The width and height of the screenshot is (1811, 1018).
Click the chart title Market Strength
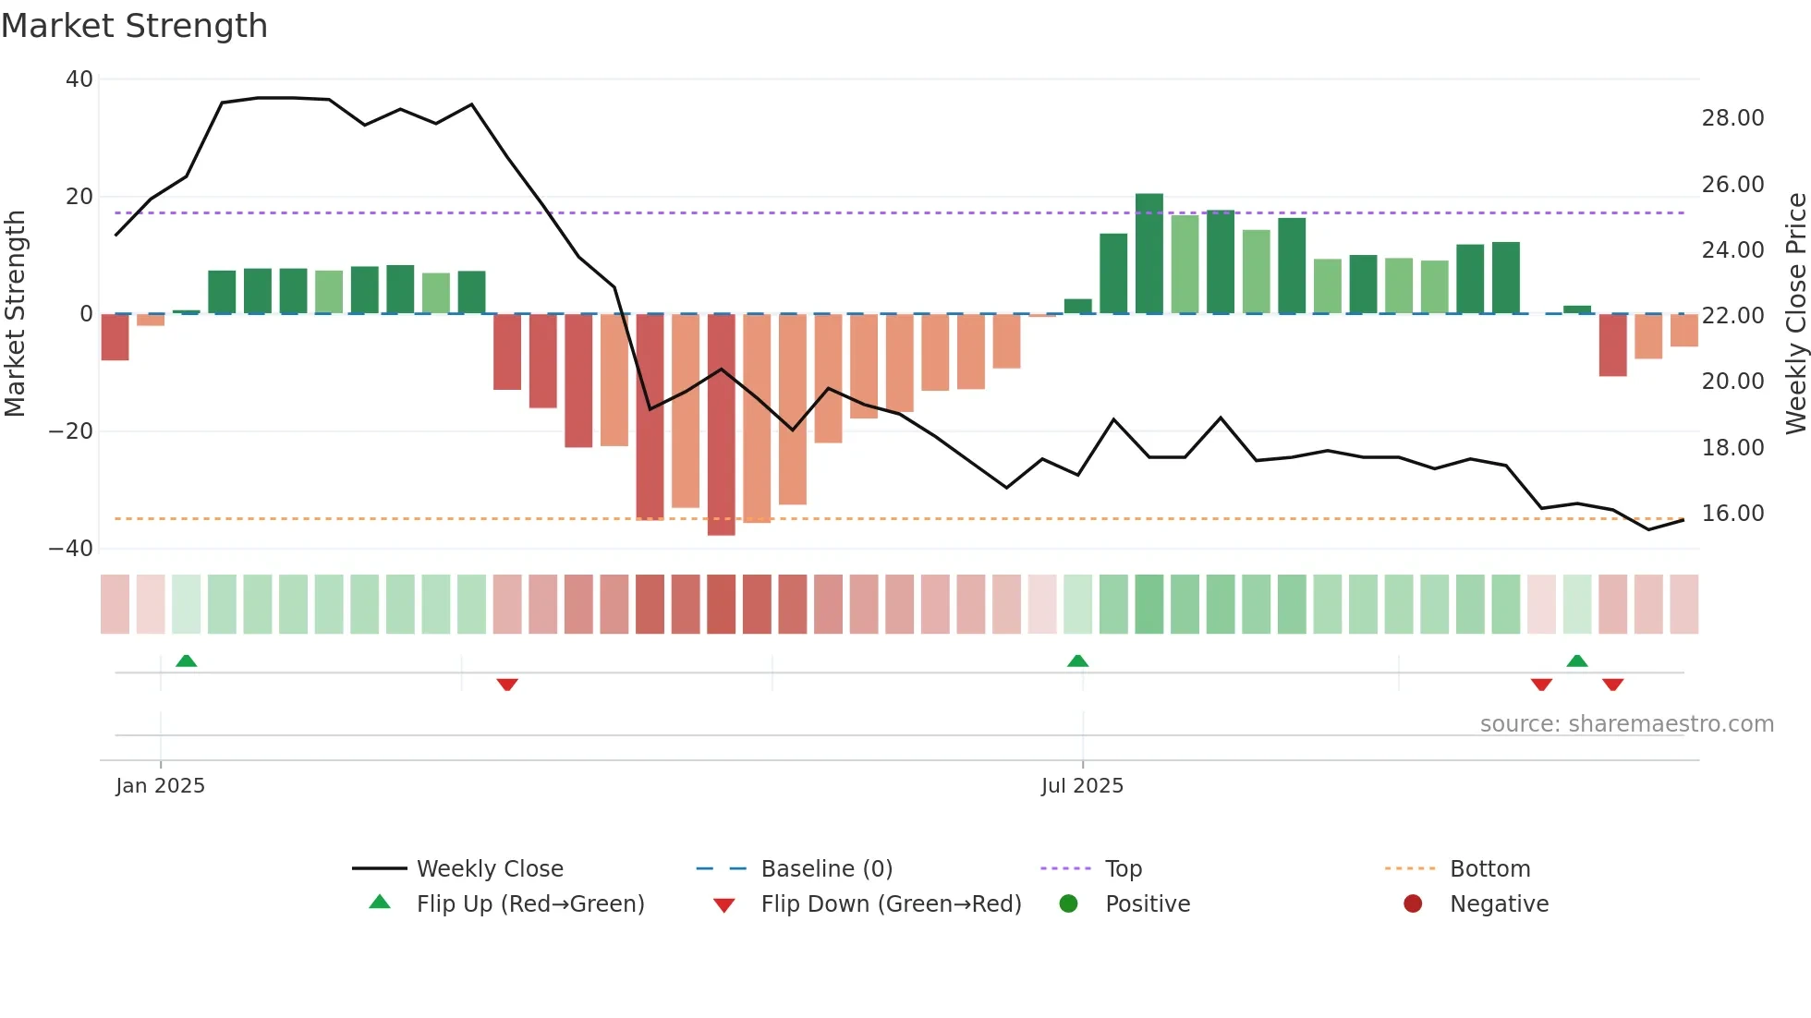click(x=134, y=26)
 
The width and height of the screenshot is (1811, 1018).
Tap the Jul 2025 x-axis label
click(x=1082, y=785)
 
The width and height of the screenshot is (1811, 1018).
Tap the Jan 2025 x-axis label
click(x=160, y=785)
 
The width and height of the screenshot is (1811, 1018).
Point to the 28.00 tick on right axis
click(x=1732, y=118)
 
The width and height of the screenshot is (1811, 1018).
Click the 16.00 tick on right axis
click(x=1732, y=514)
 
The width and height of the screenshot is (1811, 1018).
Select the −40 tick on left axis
click(x=71, y=549)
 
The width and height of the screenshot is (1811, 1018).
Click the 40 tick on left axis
click(x=79, y=79)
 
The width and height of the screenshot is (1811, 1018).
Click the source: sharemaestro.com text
click(x=1626, y=724)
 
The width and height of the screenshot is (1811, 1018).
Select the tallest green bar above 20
click(x=1149, y=254)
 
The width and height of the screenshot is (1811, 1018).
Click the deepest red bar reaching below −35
click(x=721, y=425)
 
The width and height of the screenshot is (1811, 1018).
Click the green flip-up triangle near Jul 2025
click(x=1077, y=660)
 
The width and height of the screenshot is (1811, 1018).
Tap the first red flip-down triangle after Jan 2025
click(x=507, y=685)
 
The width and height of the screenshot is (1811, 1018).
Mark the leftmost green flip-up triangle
click(x=187, y=660)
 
